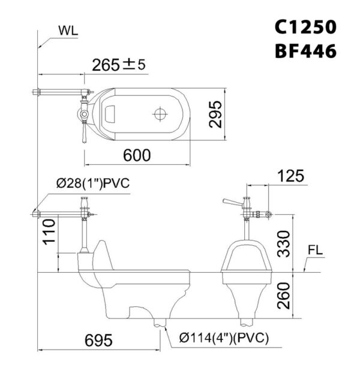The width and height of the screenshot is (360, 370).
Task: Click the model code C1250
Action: (x=305, y=27)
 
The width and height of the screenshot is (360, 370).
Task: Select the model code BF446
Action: (x=305, y=52)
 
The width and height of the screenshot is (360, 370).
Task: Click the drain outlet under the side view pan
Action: (x=159, y=324)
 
